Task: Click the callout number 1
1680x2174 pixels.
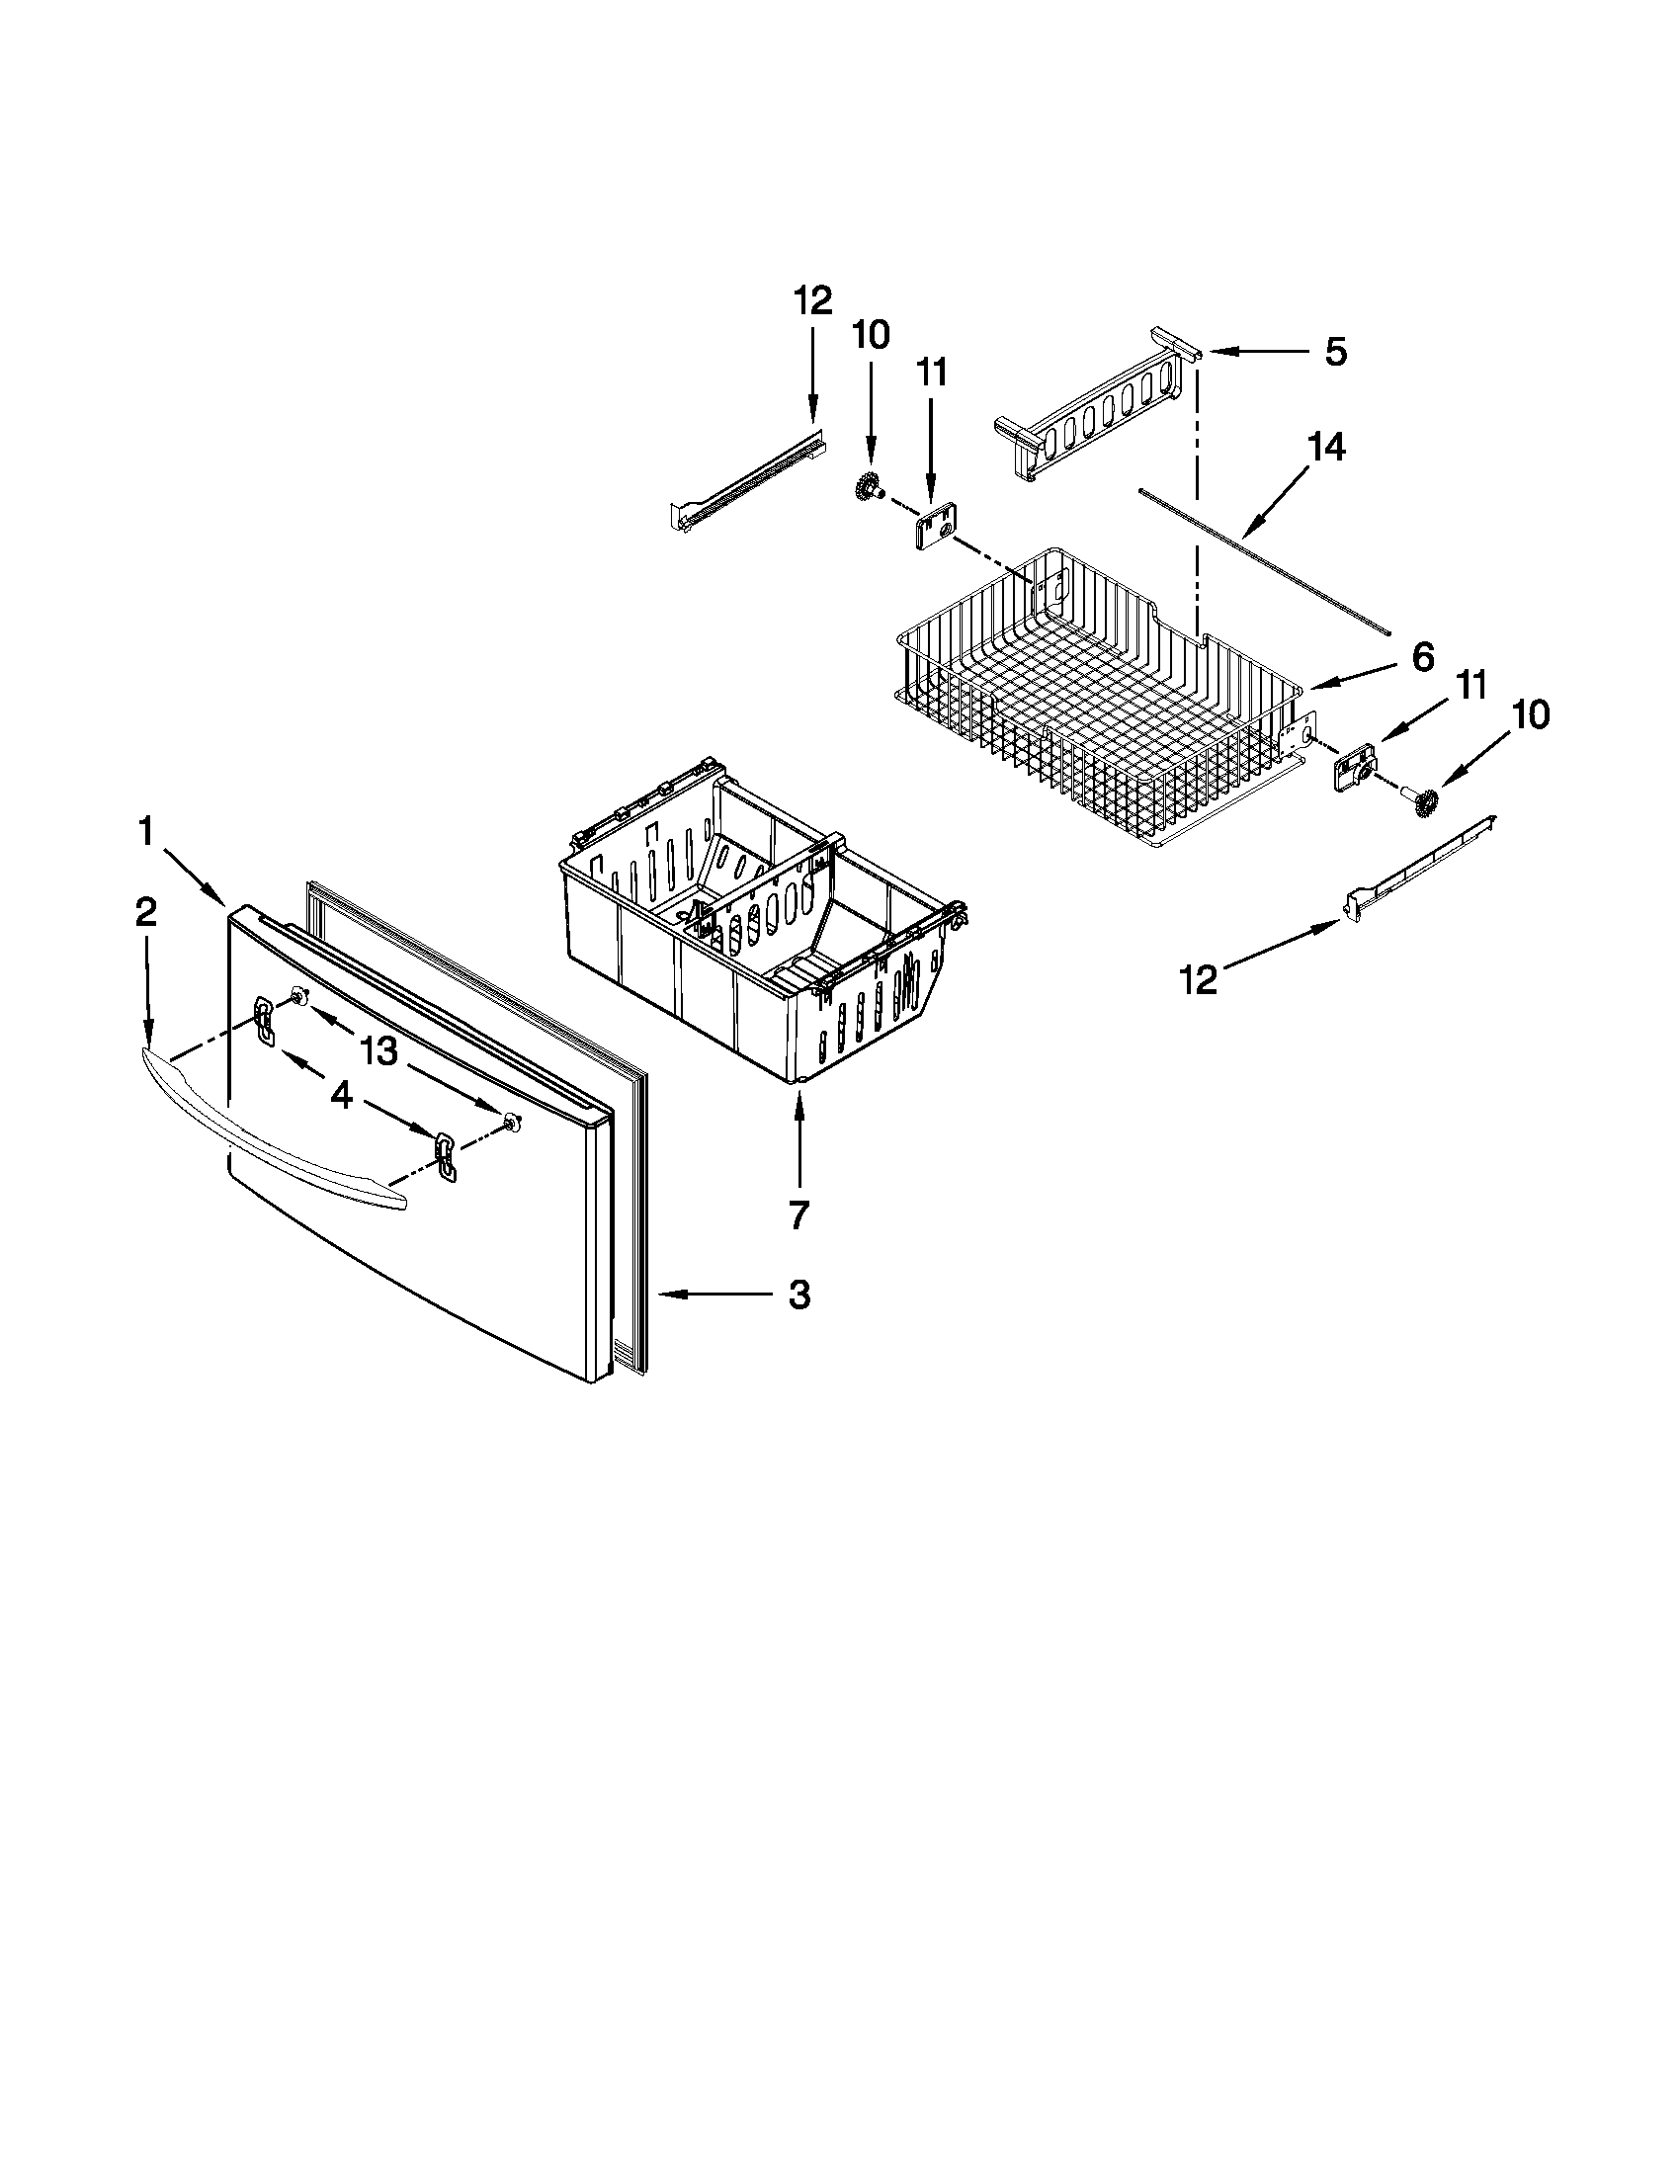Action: [x=145, y=831]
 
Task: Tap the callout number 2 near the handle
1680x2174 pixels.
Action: [x=145, y=912]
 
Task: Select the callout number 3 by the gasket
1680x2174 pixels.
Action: [x=799, y=1295]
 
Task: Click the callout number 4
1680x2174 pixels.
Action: [x=340, y=1095]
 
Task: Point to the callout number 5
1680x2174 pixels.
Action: [x=1336, y=352]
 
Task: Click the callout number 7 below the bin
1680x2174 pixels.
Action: [x=798, y=1214]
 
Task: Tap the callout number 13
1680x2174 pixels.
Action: [x=379, y=1049]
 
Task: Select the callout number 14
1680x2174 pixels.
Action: [x=1326, y=447]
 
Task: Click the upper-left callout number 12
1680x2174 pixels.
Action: [x=812, y=299]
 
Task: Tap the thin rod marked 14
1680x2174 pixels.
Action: [x=1264, y=563]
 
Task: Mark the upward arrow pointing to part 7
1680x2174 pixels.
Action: [x=798, y=1144]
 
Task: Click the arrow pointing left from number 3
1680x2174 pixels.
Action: [x=716, y=1295]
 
